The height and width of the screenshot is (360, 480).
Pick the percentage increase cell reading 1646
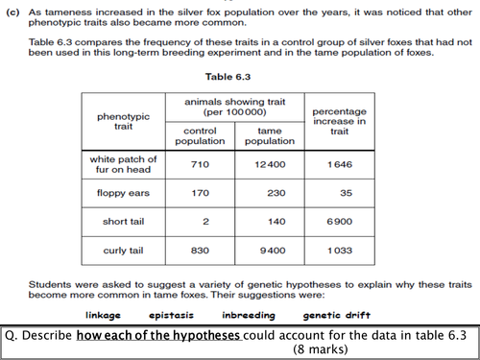(x=341, y=165)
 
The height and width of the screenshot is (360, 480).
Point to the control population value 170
(x=201, y=192)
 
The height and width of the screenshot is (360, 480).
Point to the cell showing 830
(x=201, y=250)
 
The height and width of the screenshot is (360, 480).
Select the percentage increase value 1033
(x=341, y=250)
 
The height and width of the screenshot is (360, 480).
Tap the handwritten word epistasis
(x=173, y=315)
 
